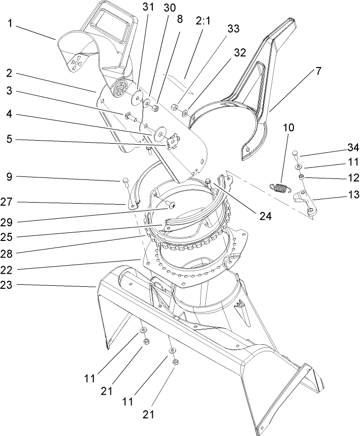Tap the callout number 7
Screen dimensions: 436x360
319,71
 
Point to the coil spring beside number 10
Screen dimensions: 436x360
280,188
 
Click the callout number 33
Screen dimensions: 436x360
232,29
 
